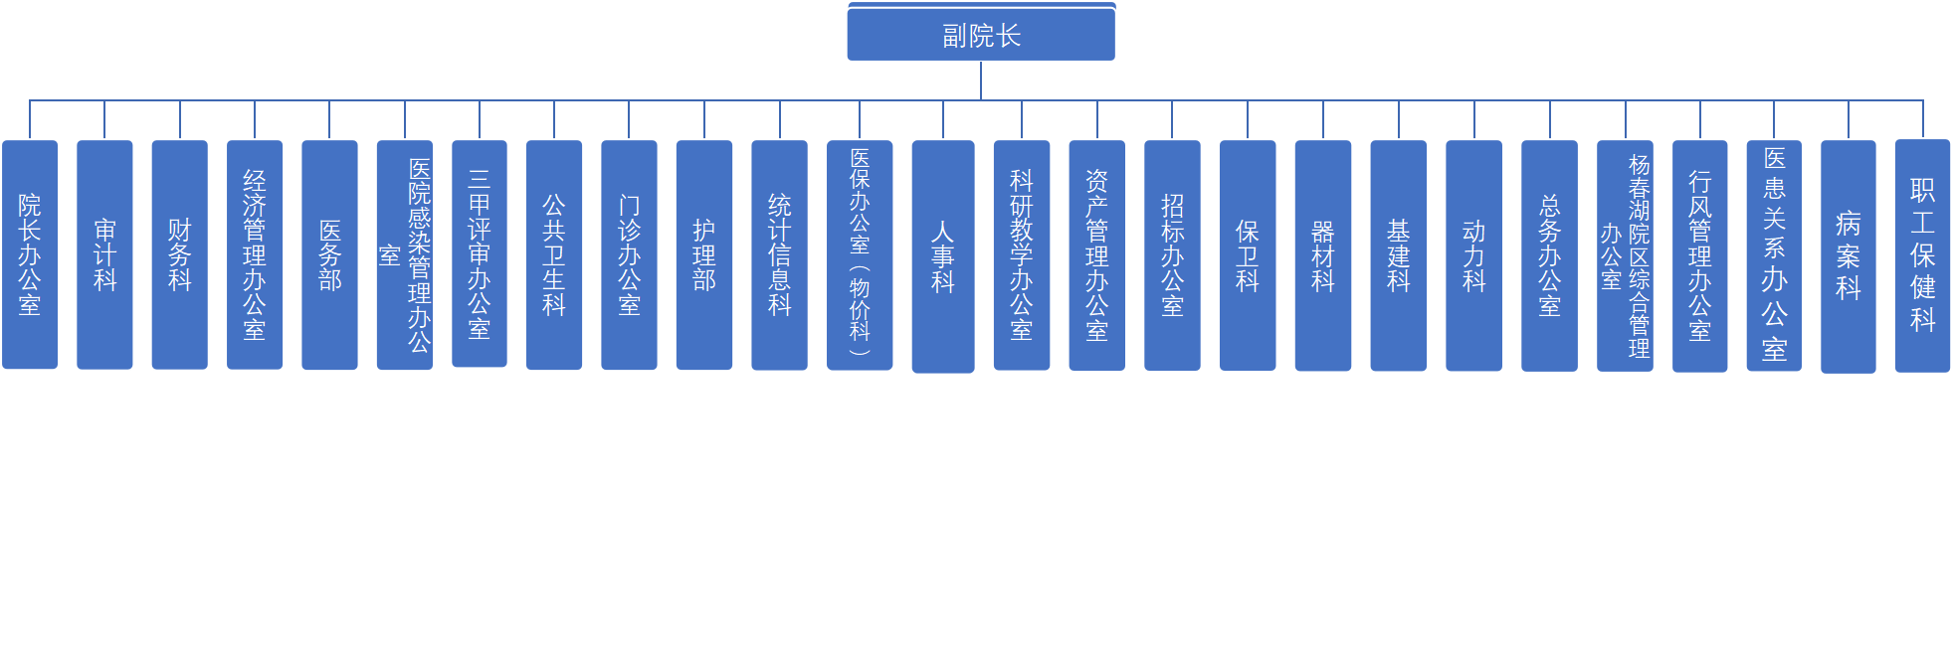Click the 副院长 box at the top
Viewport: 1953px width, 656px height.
[x=981, y=36]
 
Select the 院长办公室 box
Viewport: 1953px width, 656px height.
[x=30, y=254]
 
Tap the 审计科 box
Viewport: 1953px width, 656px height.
[x=104, y=254]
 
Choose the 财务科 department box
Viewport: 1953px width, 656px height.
[x=179, y=254]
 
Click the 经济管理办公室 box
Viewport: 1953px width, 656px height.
[x=255, y=254]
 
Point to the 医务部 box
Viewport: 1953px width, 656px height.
[x=329, y=254]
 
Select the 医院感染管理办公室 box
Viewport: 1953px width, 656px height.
[x=405, y=254]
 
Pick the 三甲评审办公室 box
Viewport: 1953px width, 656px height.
[x=480, y=253]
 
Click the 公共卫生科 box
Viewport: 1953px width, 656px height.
[x=554, y=254]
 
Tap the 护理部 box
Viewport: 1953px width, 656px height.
[x=704, y=254]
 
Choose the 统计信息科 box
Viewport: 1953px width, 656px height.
[x=779, y=254]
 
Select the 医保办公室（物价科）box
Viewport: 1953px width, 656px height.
[x=860, y=254]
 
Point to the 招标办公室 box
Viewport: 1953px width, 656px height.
[x=1172, y=254]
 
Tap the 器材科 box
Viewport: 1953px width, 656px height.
[x=1322, y=254]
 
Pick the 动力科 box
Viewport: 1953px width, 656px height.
[x=1473, y=254]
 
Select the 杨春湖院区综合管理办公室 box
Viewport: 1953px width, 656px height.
[x=1625, y=254]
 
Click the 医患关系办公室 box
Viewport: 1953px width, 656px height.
[x=1774, y=254]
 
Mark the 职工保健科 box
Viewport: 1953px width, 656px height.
[x=1922, y=255]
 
